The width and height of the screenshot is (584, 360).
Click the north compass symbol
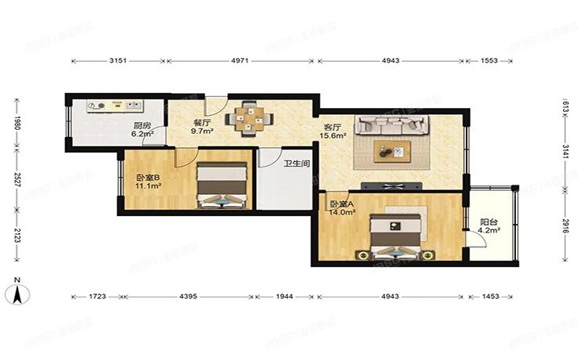[18, 293]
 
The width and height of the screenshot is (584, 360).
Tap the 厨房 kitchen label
[142, 125]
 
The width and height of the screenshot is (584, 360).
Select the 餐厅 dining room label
[202, 123]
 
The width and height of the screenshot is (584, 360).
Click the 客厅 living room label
[332, 126]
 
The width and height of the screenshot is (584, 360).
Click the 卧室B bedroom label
[148, 177]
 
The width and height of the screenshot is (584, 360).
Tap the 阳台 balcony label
[488, 222]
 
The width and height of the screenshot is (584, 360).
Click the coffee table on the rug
[392, 152]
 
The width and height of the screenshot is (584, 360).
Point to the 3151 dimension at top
[118, 59]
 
